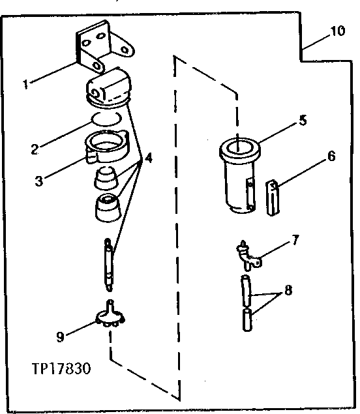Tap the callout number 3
click(40, 180)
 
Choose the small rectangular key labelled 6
click(273, 198)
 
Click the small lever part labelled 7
click(248, 256)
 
